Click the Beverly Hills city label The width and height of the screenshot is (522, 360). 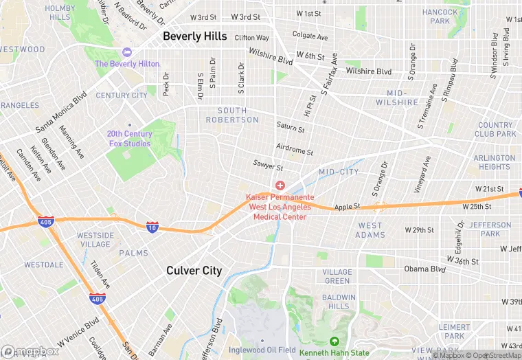(x=195, y=36)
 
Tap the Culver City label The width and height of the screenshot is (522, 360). (x=194, y=271)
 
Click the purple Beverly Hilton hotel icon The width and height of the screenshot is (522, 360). (x=126, y=52)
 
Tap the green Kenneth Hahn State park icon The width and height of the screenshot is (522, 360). (x=334, y=341)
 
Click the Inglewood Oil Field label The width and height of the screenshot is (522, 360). (x=262, y=352)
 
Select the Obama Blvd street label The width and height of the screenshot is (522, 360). (x=424, y=269)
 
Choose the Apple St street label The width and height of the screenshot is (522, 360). (x=347, y=207)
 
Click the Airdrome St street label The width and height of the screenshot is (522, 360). (x=294, y=150)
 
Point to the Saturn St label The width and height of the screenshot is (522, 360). (x=291, y=128)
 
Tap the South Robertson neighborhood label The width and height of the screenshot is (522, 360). (x=232, y=115)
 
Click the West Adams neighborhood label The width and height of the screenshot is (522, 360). (x=370, y=230)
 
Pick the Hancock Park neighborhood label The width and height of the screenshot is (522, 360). (x=440, y=16)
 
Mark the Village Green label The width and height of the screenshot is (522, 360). (x=337, y=276)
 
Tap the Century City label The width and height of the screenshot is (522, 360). (x=122, y=95)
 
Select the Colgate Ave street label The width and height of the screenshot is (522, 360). (x=310, y=36)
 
